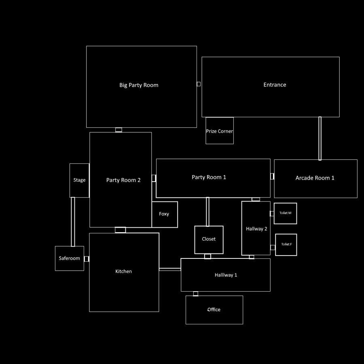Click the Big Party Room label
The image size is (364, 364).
pyautogui.click(x=139, y=85)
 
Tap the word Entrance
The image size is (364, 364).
pyautogui.click(x=275, y=85)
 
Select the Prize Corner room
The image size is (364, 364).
pyautogui.click(x=220, y=131)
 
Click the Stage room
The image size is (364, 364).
pyautogui.click(x=79, y=180)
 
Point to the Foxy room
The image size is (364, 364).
pyautogui.click(x=164, y=214)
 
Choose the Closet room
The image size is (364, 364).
pyautogui.click(x=209, y=239)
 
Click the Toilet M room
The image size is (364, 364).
pyautogui.click(x=285, y=213)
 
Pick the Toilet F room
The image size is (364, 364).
pyautogui.click(x=286, y=245)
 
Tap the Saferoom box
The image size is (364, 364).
pyautogui.click(x=70, y=258)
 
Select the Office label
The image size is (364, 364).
pyautogui.click(x=214, y=309)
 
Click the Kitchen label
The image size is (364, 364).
pyautogui.click(x=123, y=271)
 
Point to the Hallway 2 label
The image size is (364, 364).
pyautogui.click(x=256, y=229)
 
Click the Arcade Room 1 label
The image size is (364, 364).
pyautogui.click(x=315, y=178)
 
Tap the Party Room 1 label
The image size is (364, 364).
pyautogui.click(x=209, y=177)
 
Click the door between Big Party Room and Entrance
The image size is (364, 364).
pyautogui.click(x=199, y=84)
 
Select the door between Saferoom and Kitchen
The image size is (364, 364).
pyautogui.click(x=87, y=259)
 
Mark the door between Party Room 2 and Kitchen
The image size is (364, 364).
pyautogui.click(x=120, y=230)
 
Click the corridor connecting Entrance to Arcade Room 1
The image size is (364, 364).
pyautogui.click(x=320, y=138)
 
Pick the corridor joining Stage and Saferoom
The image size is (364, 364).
pyautogui.click(x=73, y=222)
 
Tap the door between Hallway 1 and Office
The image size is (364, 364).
pyautogui.click(x=196, y=294)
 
